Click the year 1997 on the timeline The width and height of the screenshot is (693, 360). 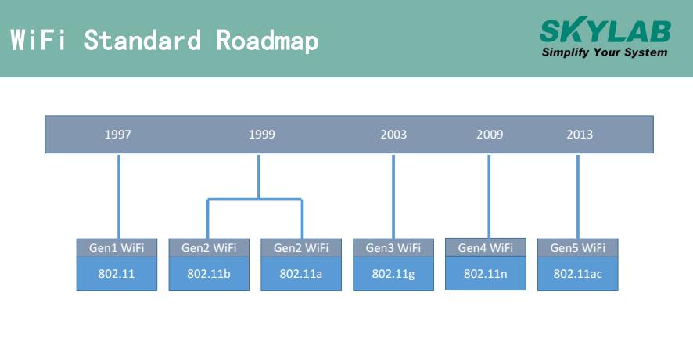[x=118, y=135]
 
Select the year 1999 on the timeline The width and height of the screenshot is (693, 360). [x=261, y=135]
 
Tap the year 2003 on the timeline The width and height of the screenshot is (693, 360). [x=393, y=135]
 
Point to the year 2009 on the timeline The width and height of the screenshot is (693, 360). [x=490, y=135]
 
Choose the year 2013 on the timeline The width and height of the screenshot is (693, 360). [x=580, y=135]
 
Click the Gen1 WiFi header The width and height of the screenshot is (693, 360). [x=117, y=248]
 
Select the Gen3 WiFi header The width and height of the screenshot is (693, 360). [x=393, y=248]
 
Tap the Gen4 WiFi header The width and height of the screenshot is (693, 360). [x=486, y=248]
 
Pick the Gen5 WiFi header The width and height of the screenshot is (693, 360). [x=578, y=248]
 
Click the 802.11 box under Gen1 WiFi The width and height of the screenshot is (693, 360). [x=117, y=275]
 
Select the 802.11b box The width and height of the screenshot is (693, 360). [x=209, y=275]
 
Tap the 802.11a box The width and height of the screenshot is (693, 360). [x=301, y=275]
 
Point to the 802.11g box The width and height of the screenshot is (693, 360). [x=393, y=275]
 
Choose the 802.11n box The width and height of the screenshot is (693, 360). [x=486, y=274]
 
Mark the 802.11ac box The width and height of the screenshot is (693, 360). [x=578, y=275]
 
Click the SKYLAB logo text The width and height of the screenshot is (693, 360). [x=605, y=31]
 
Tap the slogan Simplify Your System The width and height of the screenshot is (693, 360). [x=605, y=52]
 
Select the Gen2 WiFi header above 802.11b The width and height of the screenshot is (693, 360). [x=209, y=248]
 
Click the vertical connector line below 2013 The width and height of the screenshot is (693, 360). [x=578, y=196]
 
